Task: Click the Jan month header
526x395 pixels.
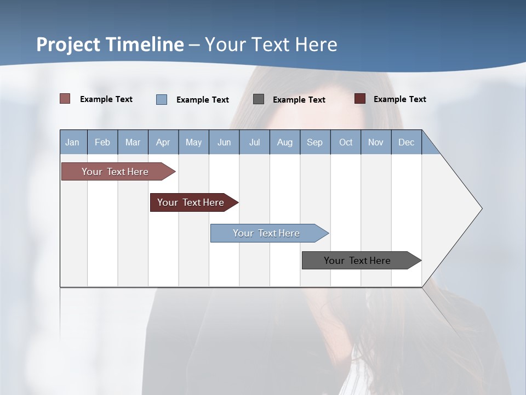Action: point(72,142)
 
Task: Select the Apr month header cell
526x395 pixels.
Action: point(163,142)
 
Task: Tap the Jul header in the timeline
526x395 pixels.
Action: point(254,142)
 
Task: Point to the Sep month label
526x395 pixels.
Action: point(315,142)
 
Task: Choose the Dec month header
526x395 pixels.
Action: point(406,142)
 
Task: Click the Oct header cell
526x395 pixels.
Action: point(346,142)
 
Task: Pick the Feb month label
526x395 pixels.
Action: point(102,142)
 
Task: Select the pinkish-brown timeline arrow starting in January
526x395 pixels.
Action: point(115,172)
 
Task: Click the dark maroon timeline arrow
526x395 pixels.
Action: point(191,202)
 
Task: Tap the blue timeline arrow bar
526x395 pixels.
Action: point(266,233)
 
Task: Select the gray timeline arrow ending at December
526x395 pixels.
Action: point(357,261)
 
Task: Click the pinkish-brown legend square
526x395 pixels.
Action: point(65,99)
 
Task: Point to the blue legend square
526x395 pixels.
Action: point(162,99)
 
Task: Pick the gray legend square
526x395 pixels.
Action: point(259,99)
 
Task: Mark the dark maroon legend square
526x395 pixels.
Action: point(360,99)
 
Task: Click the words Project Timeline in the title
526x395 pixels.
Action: point(110,44)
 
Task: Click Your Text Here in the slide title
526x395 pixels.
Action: point(271,44)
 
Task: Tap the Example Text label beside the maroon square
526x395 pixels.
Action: point(399,99)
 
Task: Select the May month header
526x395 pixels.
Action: point(193,142)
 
